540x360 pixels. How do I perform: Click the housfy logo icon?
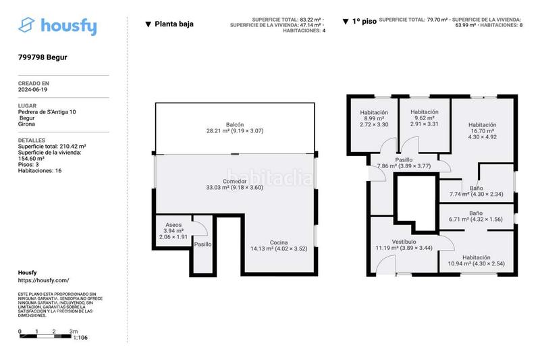[x=27, y=26]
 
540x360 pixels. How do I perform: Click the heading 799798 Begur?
[x=43, y=57]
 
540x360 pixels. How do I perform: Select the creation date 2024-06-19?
[x=32, y=89]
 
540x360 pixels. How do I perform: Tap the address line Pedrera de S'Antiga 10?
[x=47, y=111]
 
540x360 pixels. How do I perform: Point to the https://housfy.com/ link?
[x=43, y=280]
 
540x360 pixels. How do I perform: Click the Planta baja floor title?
[x=173, y=24]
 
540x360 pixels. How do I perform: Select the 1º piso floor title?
[x=364, y=22]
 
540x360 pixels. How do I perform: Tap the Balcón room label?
[x=234, y=124]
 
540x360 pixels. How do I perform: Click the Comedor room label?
[x=234, y=181]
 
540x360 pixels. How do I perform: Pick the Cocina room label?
[x=279, y=242]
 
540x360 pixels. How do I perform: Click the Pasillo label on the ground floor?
[x=202, y=244]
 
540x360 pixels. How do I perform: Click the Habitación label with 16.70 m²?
[x=482, y=125]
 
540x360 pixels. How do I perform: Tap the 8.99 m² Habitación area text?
[x=373, y=118]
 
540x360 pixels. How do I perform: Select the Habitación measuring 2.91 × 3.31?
[x=425, y=124]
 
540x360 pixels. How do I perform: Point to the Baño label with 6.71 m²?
[x=476, y=213]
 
